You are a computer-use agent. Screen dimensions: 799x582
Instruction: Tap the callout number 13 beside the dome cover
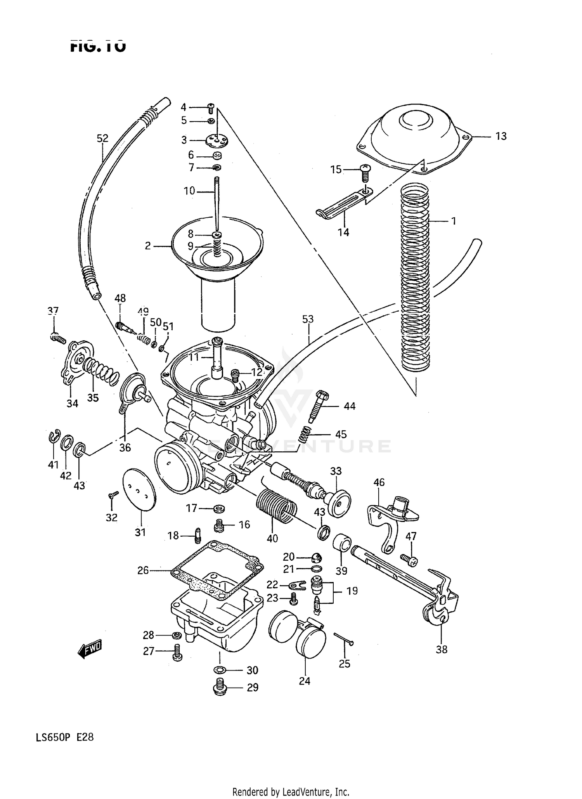(501, 137)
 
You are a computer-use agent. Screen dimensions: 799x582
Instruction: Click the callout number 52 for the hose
(102, 139)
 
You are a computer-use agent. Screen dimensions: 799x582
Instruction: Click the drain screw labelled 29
(220, 688)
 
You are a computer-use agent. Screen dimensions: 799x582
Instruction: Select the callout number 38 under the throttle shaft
(442, 649)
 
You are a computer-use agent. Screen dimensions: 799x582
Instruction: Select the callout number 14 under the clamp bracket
(343, 232)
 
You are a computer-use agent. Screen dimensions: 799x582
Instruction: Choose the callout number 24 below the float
(305, 681)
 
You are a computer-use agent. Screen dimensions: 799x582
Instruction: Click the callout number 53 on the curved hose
(308, 320)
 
